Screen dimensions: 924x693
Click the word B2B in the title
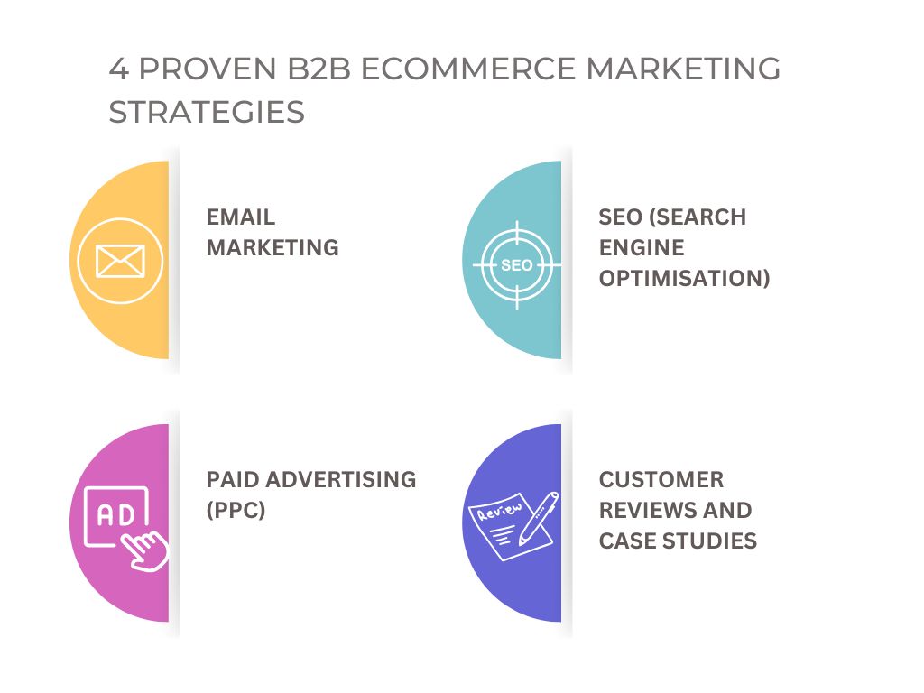[319, 69]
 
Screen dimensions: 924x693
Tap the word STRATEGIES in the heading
[207, 112]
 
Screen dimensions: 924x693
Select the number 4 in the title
[119, 69]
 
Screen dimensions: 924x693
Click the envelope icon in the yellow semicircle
[120, 261]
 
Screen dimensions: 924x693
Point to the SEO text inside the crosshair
[517, 265]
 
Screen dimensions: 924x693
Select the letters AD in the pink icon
[116, 515]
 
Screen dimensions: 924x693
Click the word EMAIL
[240, 217]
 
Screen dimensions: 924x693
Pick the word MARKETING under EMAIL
[273, 247]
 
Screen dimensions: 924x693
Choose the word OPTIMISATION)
[685, 278]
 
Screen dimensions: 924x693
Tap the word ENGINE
[642, 247]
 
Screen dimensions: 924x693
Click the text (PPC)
[236, 510]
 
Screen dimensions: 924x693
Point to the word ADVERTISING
[341, 480]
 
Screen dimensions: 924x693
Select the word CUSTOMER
[661, 480]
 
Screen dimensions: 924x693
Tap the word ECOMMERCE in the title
[468, 69]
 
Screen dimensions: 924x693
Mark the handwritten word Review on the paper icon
[500, 511]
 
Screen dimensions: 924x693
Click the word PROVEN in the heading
[208, 69]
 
